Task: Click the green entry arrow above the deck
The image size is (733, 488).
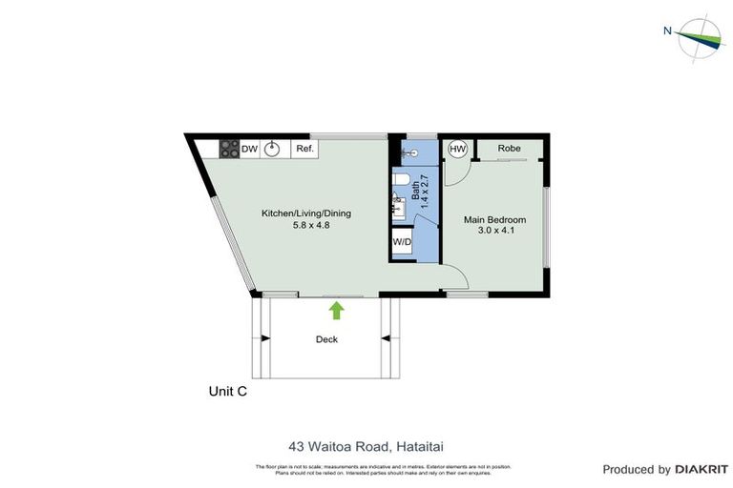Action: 336,310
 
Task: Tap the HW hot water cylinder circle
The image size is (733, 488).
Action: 457,150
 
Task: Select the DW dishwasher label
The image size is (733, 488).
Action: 249,150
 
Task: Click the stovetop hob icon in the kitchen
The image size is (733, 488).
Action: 229,150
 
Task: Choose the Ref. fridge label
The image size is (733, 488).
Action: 304,150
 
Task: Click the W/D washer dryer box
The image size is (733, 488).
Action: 402,241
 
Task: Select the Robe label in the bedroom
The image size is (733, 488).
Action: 509,149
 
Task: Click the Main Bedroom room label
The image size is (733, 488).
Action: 494,220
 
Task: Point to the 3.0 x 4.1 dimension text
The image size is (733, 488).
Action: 494,232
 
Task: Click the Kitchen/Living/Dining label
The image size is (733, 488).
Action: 306,213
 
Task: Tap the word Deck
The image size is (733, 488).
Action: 326,339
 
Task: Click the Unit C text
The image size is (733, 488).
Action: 228,391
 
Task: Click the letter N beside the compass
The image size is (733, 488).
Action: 668,30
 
